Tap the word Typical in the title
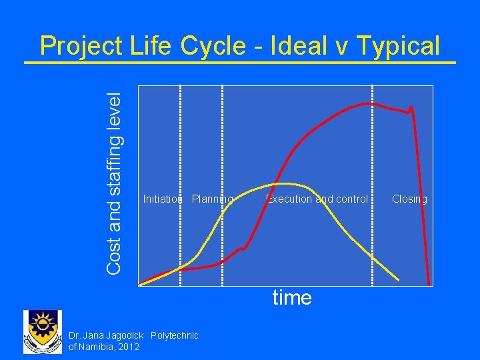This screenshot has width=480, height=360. (x=398, y=47)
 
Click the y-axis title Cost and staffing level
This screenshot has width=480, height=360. (x=114, y=182)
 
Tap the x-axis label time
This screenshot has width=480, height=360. (x=291, y=297)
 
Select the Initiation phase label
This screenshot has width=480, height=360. (x=163, y=199)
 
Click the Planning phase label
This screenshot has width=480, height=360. (x=212, y=199)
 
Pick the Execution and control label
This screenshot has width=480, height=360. (x=317, y=199)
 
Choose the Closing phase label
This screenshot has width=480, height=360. (x=409, y=199)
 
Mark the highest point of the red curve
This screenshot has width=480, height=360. (x=369, y=103)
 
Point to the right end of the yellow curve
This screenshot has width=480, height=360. (x=399, y=279)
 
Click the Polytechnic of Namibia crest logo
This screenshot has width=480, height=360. (x=43, y=332)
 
